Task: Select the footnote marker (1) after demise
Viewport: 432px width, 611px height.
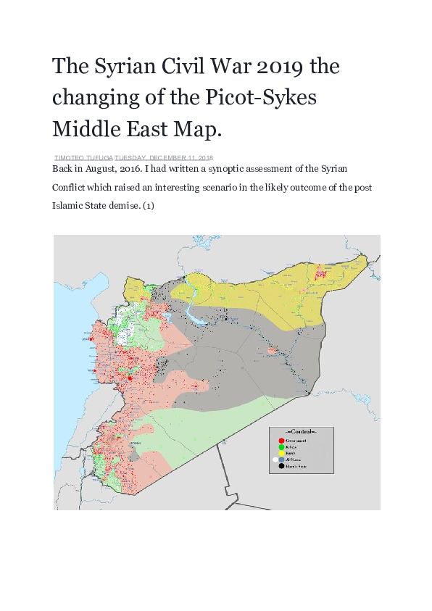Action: coord(147,205)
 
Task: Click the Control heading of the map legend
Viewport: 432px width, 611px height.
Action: coord(302,433)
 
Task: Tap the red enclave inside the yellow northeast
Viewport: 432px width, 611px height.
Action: coord(319,274)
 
